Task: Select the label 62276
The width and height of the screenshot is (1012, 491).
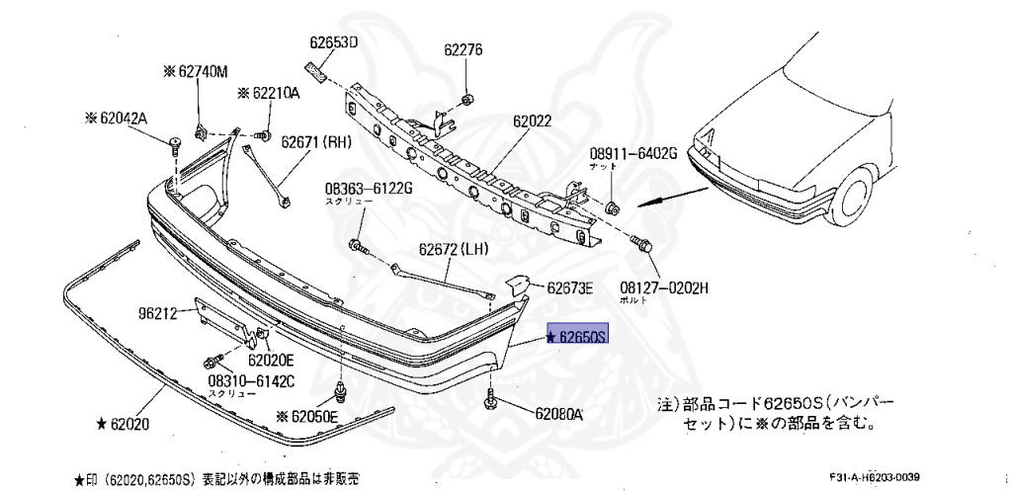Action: click(463, 49)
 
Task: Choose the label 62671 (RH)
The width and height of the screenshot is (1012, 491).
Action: click(316, 142)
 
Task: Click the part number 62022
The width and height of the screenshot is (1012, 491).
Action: click(532, 122)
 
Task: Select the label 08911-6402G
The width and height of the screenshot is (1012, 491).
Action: click(632, 153)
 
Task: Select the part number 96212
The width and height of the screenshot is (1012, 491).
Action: click(157, 314)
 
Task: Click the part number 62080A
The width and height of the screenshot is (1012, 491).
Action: click(559, 414)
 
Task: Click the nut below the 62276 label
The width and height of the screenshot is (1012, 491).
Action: click(467, 99)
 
